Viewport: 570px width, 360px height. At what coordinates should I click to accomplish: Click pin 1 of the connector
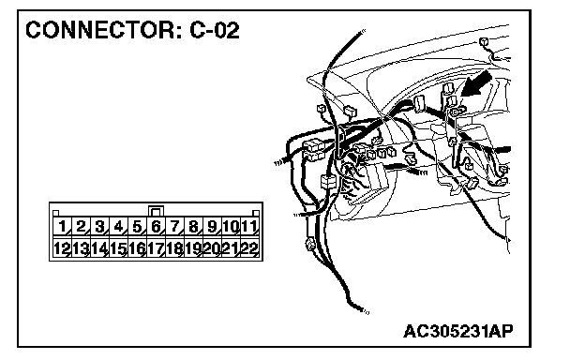(x=62, y=227)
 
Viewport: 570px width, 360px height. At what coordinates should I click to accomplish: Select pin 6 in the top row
(x=156, y=227)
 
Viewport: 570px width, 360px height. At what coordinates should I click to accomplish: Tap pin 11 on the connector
(x=249, y=227)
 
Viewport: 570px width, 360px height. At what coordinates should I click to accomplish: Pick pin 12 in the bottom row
(x=62, y=248)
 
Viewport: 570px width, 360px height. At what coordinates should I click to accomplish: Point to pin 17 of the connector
(x=156, y=248)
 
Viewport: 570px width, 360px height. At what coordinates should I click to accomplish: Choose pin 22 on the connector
(x=249, y=248)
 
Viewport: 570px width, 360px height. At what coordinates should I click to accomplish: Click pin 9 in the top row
(x=212, y=227)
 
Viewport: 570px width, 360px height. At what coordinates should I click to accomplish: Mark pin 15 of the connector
(x=118, y=248)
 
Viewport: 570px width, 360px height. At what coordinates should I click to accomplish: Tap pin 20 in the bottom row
(x=212, y=248)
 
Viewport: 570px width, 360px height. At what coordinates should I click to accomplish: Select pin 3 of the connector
(x=99, y=227)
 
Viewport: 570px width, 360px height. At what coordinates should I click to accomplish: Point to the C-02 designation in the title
(x=215, y=30)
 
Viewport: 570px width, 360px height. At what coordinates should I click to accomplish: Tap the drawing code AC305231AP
(x=458, y=331)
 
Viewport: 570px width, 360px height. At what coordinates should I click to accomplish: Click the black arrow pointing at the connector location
(x=476, y=84)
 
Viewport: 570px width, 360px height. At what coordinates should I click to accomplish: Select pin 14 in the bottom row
(x=99, y=248)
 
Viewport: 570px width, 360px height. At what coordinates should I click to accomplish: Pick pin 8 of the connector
(x=193, y=227)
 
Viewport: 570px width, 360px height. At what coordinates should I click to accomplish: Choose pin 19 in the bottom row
(x=193, y=248)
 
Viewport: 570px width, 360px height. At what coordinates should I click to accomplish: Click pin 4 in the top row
(x=118, y=227)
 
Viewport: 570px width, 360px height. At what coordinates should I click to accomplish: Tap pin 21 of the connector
(x=231, y=248)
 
